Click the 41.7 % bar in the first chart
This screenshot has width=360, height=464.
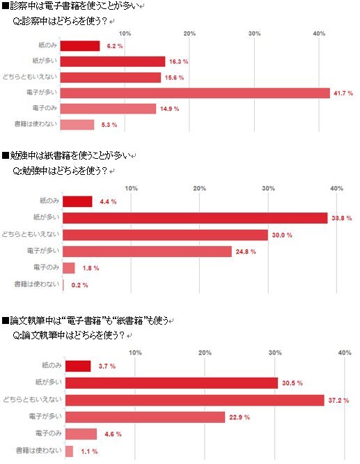click(195, 93)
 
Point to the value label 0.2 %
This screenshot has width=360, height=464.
click(79, 285)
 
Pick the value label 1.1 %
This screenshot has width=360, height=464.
click(88, 452)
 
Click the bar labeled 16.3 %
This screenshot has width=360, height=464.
click(113, 61)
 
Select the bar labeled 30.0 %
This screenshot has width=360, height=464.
click(165, 235)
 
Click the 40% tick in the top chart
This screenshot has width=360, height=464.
click(319, 33)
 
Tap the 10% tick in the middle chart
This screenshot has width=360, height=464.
click(131, 189)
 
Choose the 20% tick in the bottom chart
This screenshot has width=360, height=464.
click(205, 353)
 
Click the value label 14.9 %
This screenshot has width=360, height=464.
click(170, 109)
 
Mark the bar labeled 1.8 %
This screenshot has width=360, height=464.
click(69, 268)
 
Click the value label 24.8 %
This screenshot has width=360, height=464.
click(246, 252)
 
